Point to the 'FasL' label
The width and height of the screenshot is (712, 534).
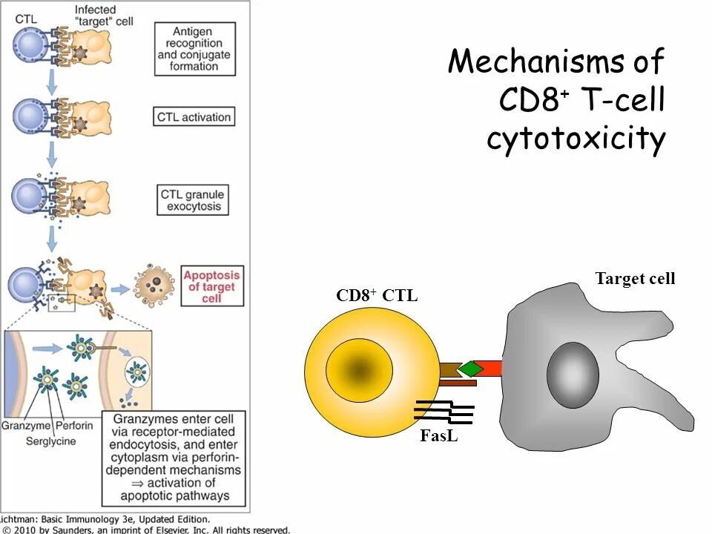pos(438,435)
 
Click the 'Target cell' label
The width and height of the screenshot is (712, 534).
pos(635,278)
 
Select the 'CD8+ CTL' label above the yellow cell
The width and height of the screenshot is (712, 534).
pos(377,295)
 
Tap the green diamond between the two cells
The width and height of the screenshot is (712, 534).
pos(471,369)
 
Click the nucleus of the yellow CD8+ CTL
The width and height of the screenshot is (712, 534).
pos(359,369)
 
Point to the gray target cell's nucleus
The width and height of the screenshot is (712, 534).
pos(573,375)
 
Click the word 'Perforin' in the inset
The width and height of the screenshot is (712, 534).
pos(74,426)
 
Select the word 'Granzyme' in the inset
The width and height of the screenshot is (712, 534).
pos(26,426)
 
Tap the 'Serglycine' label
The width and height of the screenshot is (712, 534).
pos(51,441)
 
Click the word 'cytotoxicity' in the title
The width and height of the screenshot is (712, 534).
pos(576,138)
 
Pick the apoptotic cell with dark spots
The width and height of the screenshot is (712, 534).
pos(154,285)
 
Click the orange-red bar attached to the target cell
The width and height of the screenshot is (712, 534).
pos(489,369)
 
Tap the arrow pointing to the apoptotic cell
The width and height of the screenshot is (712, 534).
pos(120,289)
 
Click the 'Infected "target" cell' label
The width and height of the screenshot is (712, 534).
pos(104,16)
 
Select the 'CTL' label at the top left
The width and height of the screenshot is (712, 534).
pos(26,19)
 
